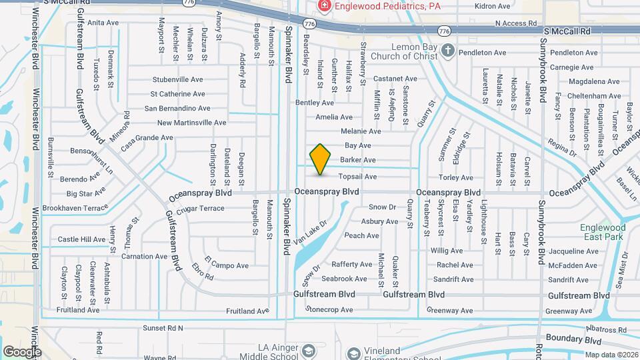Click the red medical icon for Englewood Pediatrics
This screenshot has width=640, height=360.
[324, 6]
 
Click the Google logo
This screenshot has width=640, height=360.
[22, 351]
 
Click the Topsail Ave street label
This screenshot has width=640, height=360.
[358, 177]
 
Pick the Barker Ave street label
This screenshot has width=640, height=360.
[358, 160]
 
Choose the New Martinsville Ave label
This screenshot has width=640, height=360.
[192, 123]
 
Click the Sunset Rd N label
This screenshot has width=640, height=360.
[163, 328]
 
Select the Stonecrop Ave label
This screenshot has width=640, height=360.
[329, 310]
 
